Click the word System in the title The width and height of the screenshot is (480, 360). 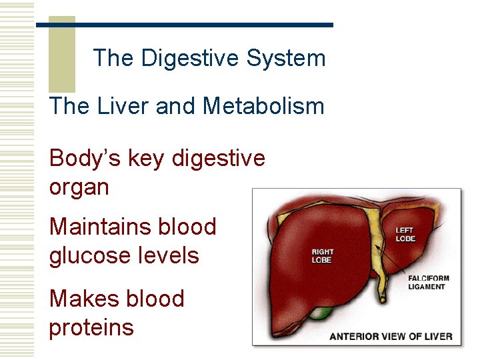point(286,58)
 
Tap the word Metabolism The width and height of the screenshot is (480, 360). point(263,106)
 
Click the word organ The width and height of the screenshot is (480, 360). point(79,188)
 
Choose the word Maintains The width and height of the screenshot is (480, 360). point(99,227)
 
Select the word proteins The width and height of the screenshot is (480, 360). point(91,327)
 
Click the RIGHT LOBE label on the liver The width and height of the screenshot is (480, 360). point(323,256)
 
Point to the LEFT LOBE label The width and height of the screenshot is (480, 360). point(405,235)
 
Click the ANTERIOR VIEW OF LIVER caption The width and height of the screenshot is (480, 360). point(391,336)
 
